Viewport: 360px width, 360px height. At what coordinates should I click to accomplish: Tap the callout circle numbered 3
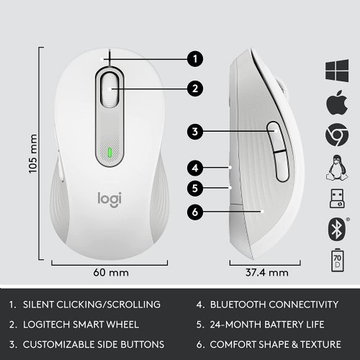tap(193, 132)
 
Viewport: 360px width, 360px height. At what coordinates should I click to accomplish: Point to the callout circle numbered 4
tap(193, 168)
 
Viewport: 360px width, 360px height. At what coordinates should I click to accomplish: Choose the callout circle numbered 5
tap(193, 189)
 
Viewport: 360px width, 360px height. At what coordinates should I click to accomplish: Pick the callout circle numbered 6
tap(193, 212)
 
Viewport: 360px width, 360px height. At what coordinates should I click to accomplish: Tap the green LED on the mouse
tap(108, 153)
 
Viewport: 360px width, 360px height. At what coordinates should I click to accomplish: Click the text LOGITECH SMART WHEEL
tap(84, 325)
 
